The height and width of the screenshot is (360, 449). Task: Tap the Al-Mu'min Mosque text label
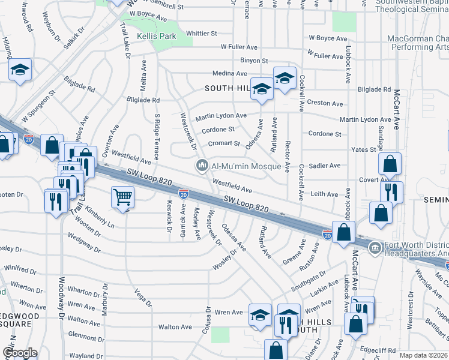(x=246, y=165)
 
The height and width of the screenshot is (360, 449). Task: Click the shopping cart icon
(x=122, y=196)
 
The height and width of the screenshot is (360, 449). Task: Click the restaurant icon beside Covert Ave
(x=391, y=192)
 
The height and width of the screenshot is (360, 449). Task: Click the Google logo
(x=19, y=353)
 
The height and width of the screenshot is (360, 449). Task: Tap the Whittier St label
(x=201, y=34)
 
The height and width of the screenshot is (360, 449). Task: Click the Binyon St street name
(x=254, y=61)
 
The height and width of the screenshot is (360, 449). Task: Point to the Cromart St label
(x=224, y=143)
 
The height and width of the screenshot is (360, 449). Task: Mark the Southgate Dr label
(x=309, y=278)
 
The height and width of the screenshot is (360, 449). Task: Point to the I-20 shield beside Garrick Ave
(x=184, y=193)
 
